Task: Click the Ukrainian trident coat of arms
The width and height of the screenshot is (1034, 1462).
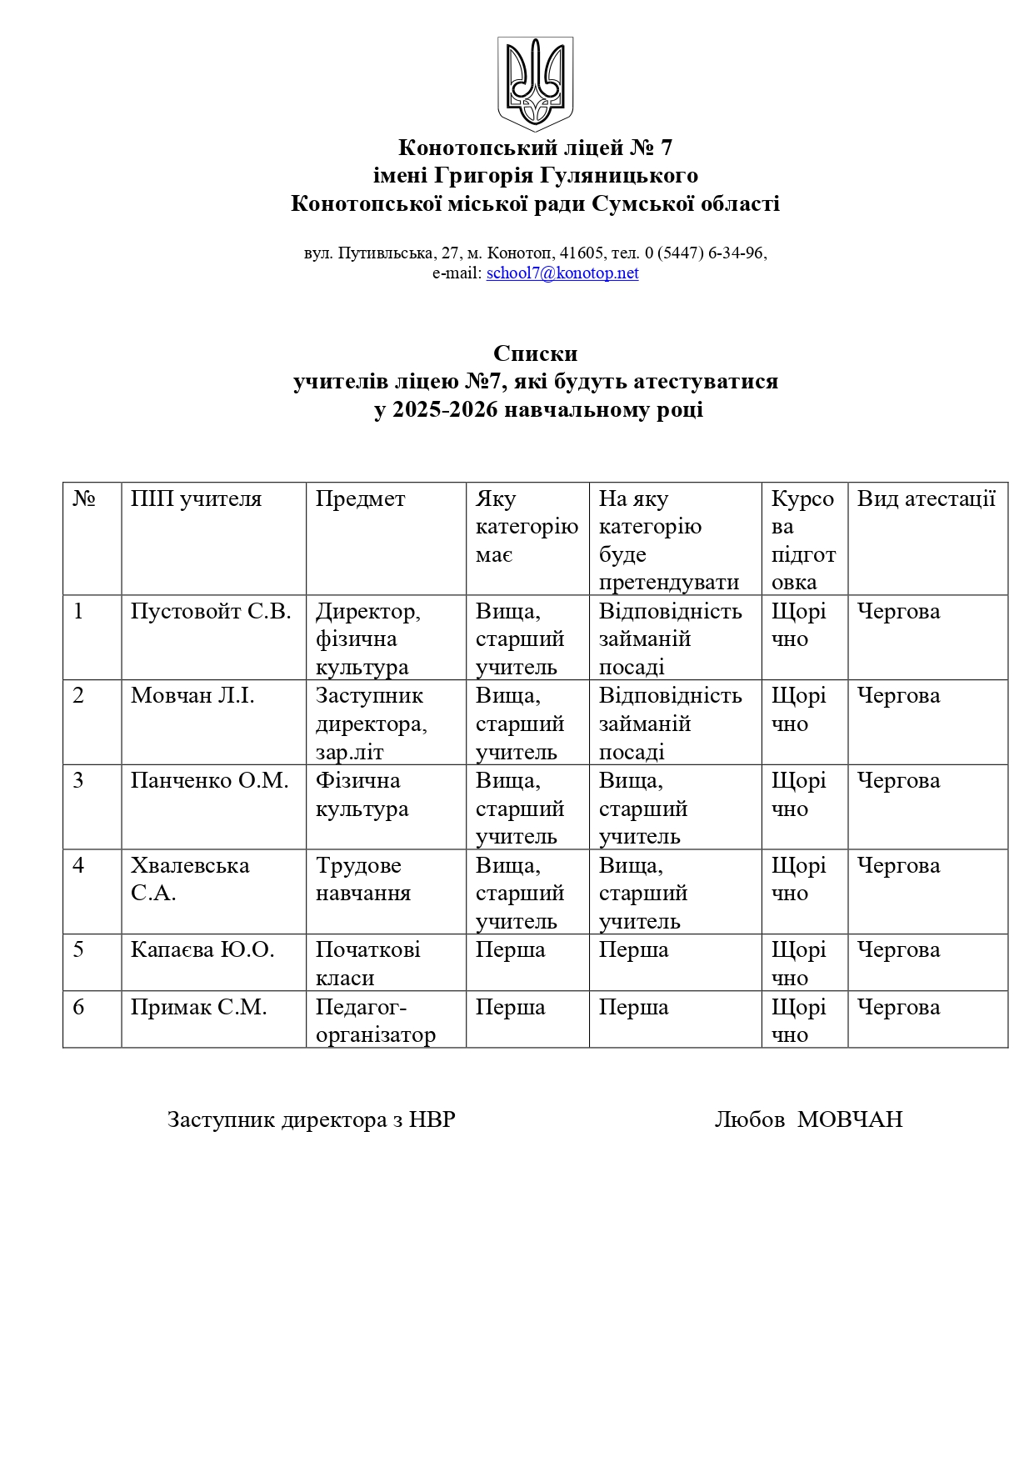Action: point(535,83)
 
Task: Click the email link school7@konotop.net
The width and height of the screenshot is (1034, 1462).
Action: point(562,273)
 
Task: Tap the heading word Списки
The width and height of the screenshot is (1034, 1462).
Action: point(535,353)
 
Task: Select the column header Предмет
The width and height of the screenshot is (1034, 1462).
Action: point(360,499)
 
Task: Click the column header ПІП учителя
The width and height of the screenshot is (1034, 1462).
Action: point(196,499)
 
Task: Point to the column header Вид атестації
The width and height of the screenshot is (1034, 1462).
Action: point(926,499)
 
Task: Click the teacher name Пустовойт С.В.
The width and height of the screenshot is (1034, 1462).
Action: point(211,611)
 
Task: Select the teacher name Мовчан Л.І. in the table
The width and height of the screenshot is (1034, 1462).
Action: point(192,696)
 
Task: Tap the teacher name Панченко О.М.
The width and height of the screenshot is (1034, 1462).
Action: point(209,781)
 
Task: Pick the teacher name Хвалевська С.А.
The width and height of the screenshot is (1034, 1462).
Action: point(190,879)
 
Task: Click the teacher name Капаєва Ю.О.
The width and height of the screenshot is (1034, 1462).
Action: point(202,950)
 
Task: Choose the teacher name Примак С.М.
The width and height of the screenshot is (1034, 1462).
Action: point(198,1008)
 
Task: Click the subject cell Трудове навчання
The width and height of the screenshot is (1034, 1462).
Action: point(362,879)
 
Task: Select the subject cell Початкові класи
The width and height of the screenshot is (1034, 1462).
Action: point(367,964)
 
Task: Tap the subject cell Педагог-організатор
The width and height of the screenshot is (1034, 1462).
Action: point(375,1021)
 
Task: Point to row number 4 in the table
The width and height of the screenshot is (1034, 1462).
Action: point(78,865)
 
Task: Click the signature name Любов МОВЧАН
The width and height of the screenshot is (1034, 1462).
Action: point(808,1119)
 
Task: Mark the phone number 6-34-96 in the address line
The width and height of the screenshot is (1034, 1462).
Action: point(736,253)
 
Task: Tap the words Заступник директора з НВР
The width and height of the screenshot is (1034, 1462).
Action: point(312,1119)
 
